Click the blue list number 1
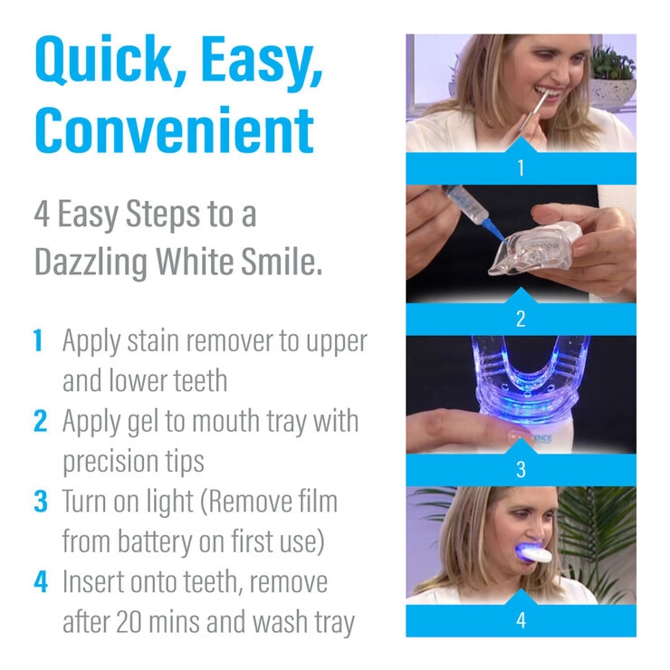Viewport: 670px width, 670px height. point(38,341)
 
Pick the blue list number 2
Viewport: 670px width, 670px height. point(39,421)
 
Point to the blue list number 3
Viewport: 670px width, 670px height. point(39,502)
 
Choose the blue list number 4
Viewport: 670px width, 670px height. point(39,581)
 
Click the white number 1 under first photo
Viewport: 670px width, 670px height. point(521,168)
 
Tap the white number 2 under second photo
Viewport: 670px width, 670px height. point(521,319)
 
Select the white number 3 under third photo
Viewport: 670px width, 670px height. point(521,470)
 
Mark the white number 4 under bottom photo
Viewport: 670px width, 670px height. point(521,621)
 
